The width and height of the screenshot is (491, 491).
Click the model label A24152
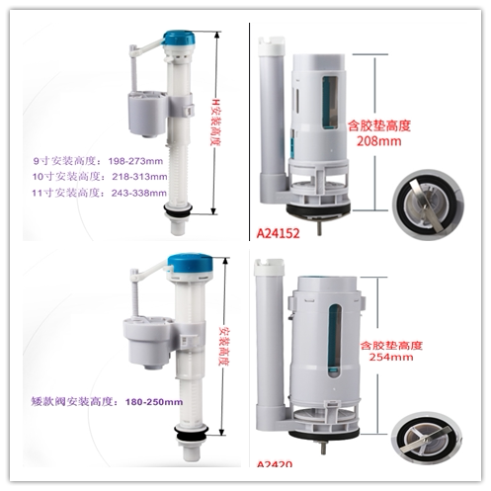click(280, 233)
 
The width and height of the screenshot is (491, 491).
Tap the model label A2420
click(277, 465)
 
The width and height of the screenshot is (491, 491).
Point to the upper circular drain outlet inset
click(427, 200)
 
